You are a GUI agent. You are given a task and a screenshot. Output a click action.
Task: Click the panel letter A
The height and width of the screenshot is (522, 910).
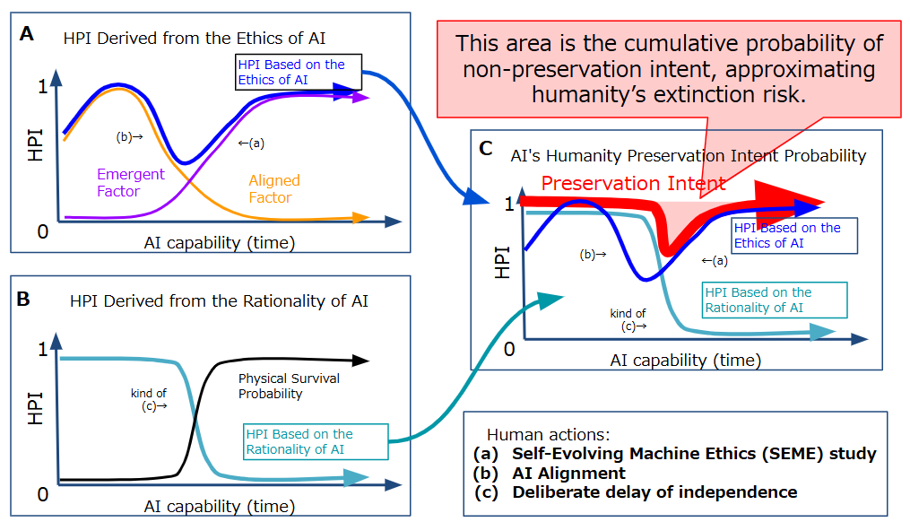point(27,34)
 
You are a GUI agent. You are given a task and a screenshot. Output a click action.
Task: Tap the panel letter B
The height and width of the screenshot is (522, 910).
point(23,299)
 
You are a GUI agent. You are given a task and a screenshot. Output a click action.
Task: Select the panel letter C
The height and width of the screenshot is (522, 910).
point(486,149)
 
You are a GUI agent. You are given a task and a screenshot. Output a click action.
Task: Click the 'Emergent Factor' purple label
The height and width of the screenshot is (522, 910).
point(131,182)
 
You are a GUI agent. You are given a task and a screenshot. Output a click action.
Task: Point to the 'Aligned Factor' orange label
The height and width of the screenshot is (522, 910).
point(274,188)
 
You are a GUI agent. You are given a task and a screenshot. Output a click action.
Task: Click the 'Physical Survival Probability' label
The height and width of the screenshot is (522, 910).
point(289,386)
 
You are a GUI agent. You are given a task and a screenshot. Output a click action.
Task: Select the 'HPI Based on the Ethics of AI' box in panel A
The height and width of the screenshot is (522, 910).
point(299,72)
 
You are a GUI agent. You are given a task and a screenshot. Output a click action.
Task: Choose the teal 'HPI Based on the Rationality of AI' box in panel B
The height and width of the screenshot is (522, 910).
point(316,441)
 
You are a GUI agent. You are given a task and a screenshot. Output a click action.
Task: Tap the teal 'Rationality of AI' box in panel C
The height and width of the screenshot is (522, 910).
point(775,300)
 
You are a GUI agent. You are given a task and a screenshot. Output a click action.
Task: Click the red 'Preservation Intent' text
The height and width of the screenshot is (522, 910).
point(633,183)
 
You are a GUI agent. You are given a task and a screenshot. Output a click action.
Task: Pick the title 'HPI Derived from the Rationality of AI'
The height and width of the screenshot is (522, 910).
point(219,300)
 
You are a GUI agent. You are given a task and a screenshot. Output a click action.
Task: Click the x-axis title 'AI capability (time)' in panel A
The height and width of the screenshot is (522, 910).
point(220,242)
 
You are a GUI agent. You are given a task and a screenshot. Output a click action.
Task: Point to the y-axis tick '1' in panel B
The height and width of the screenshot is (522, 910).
point(42,349)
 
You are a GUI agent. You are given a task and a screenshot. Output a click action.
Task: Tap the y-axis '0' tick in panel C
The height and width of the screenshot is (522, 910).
point(509,349)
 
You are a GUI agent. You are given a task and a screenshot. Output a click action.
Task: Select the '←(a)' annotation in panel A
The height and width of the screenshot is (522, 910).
point(251,143)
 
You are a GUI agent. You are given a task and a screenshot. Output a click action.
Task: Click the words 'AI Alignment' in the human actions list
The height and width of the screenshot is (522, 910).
point(568,474)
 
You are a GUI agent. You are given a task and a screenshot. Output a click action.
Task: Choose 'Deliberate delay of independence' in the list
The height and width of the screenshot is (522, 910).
point(654,492)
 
